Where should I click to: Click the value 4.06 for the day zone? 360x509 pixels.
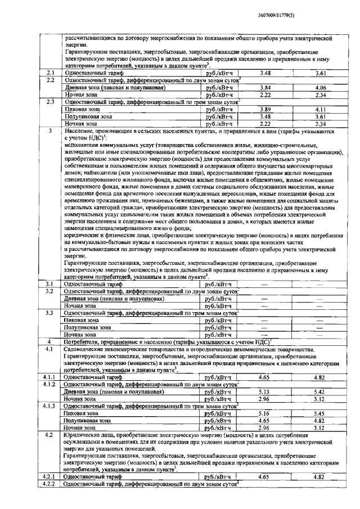(321, 88)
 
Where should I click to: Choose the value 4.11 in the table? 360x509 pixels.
(321, 109)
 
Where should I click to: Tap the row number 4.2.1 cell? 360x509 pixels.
(49, 476)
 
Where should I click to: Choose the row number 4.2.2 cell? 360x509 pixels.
(49, 484)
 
